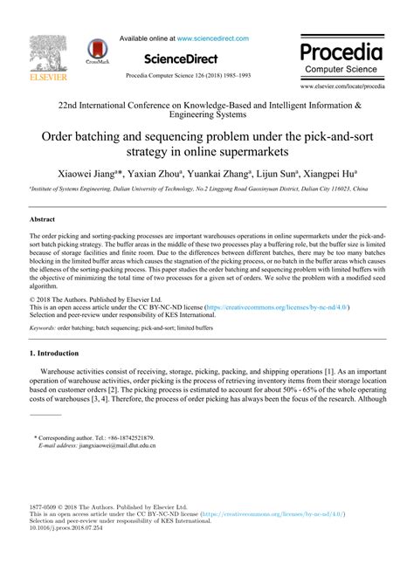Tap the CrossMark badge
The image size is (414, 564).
point(97,52)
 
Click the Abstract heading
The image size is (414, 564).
point(43,221)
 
